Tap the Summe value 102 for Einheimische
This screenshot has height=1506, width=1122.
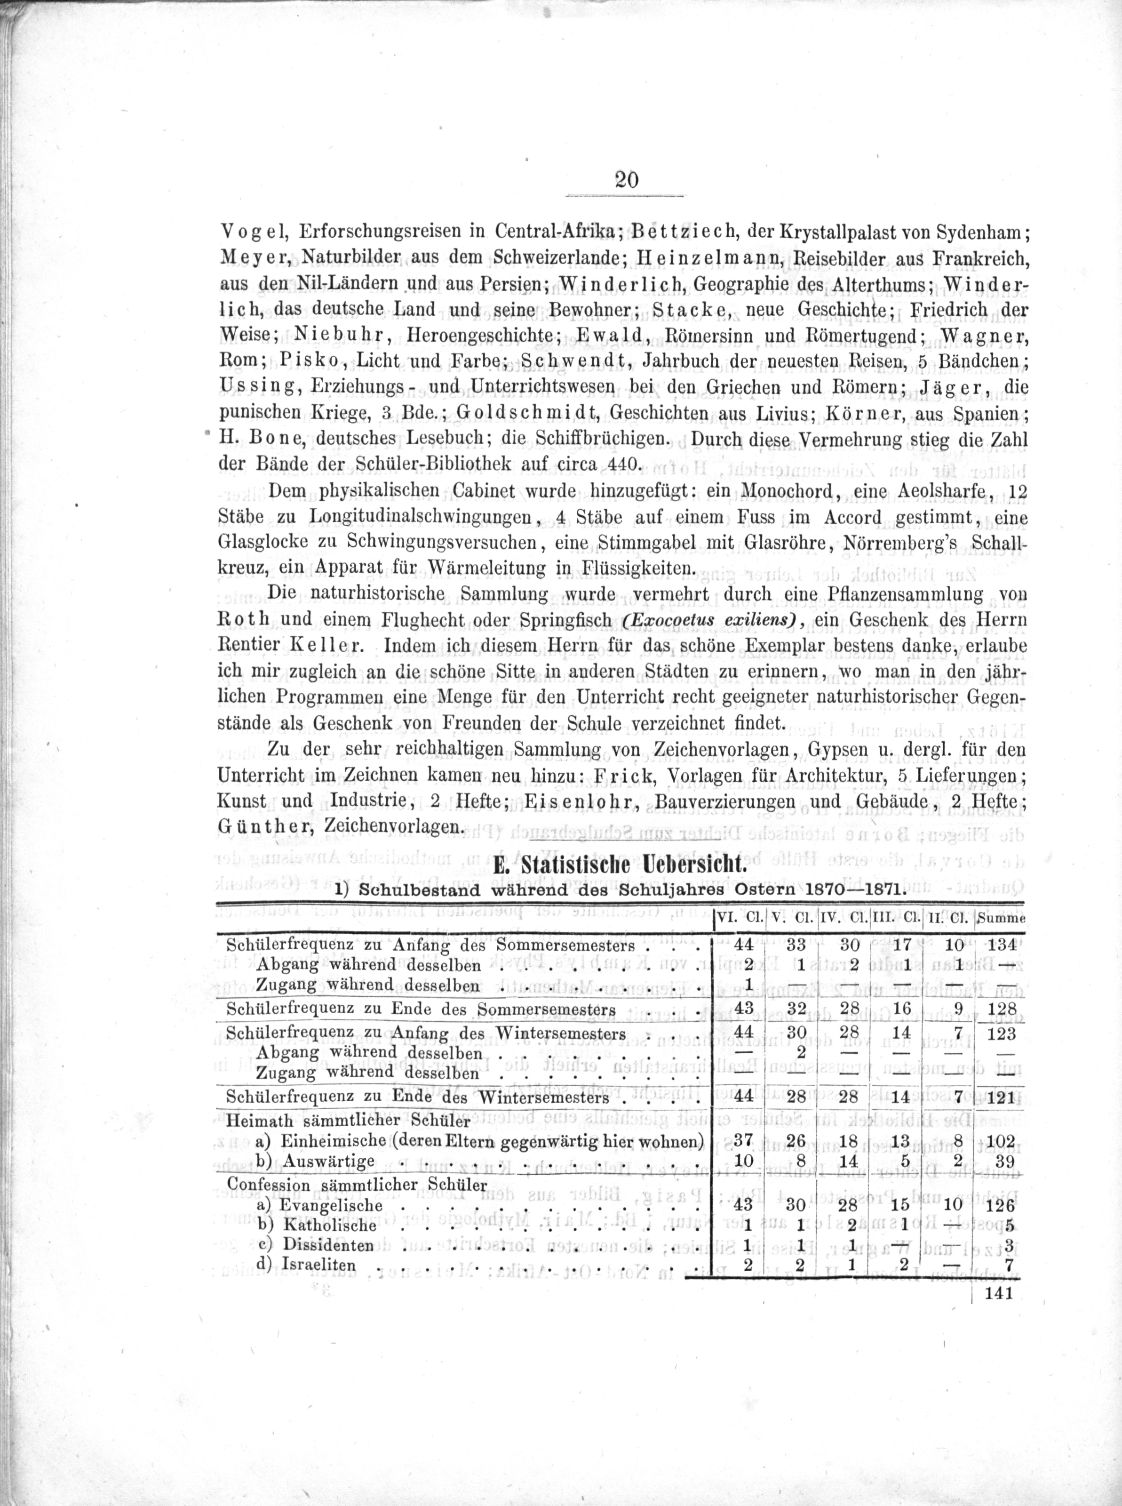(x=1000, y=1142)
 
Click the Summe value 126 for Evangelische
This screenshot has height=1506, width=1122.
(x=1000, y=1206)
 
